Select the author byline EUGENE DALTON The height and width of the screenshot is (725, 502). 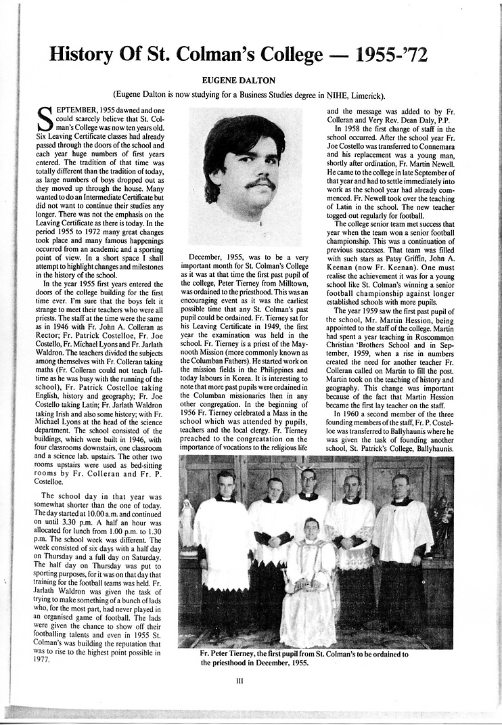click(x=239, y=81)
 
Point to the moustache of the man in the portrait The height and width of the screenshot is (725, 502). click(x=260, y=183)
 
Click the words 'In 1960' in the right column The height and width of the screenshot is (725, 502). click(x=349, y=413)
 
